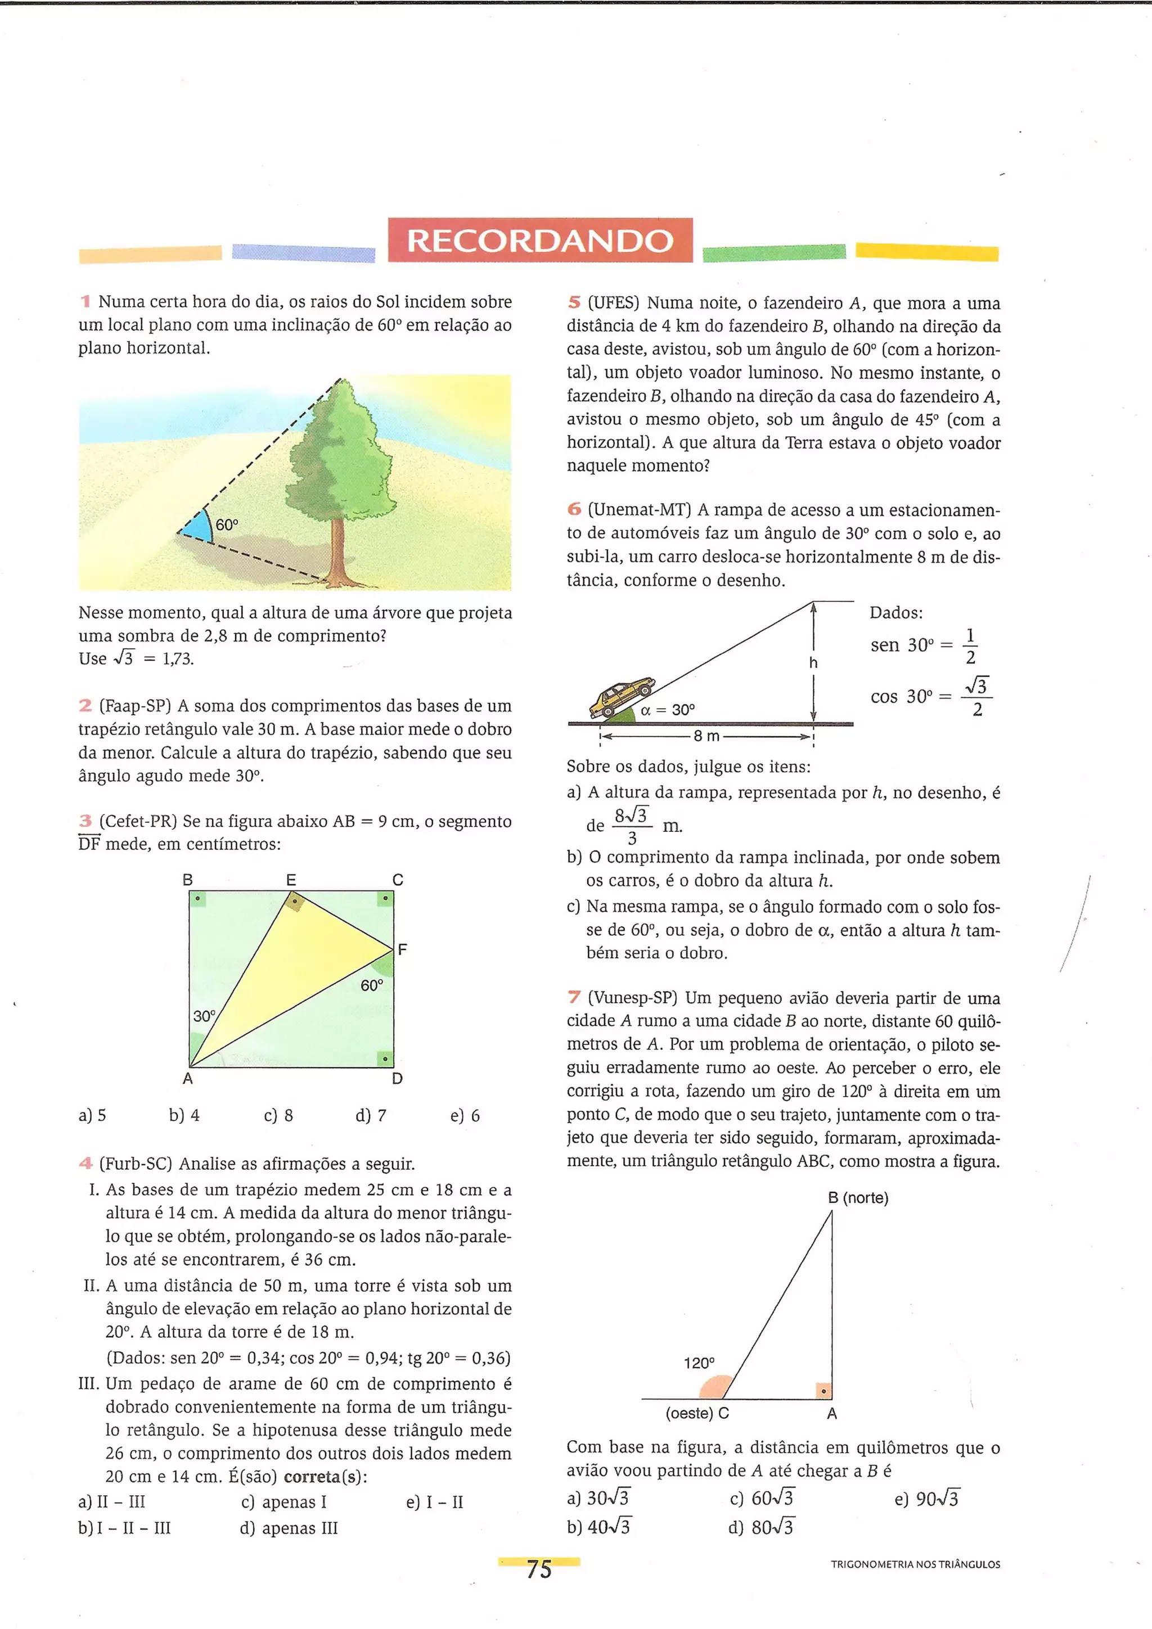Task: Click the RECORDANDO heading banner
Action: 539,241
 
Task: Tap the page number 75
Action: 539,1569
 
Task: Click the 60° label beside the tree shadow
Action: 227,525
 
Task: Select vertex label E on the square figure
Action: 291,880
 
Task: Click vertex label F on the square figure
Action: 402,949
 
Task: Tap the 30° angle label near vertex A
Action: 204,1016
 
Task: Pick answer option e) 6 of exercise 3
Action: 465,1115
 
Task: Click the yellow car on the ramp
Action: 620,698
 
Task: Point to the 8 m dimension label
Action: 706,736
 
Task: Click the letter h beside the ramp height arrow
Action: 813,663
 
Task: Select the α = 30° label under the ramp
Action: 667,710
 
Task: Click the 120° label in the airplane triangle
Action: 699,1363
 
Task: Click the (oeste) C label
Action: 697,1413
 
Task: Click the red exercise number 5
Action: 574,302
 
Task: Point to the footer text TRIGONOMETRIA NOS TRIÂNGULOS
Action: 915,1564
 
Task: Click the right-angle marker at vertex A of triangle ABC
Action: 823,1391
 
